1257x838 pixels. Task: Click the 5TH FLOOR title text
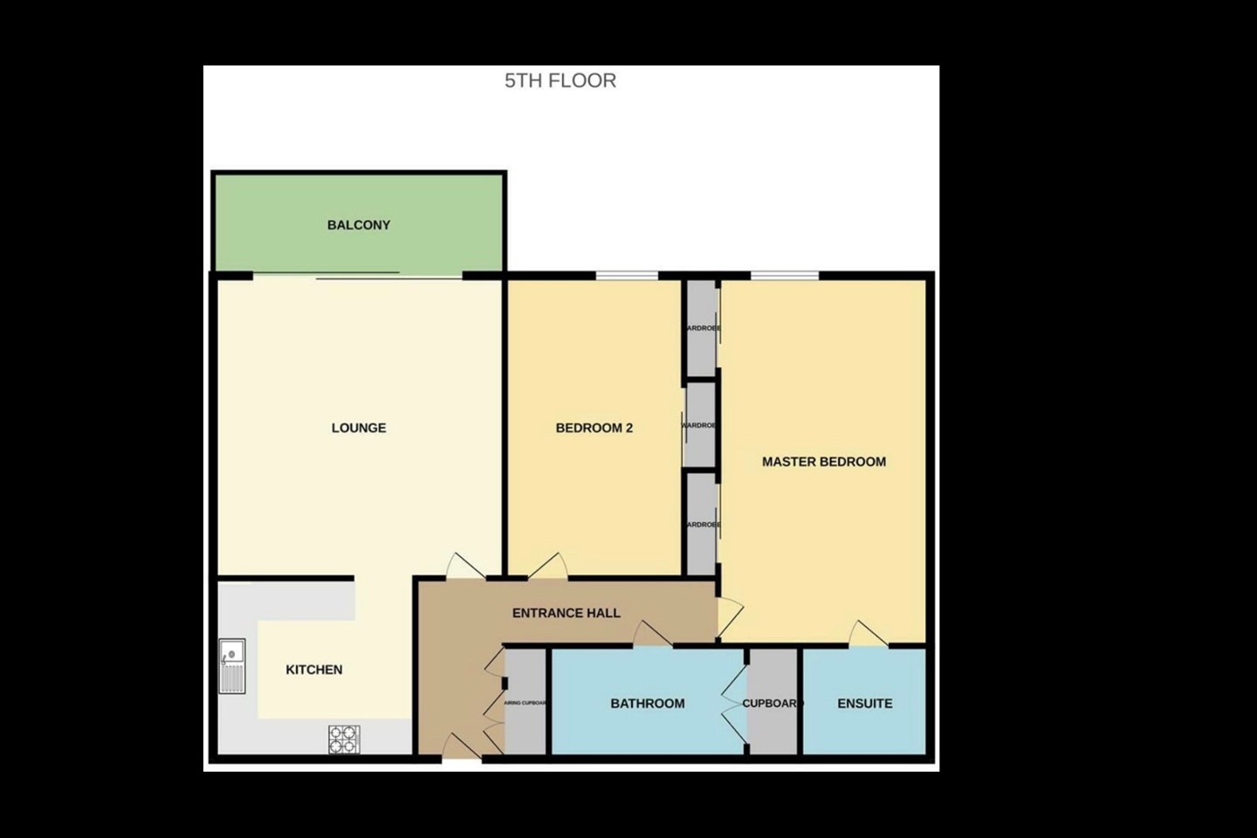coord(560,80)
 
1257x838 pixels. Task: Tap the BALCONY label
coord(359,225)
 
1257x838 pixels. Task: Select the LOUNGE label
coord(359,428)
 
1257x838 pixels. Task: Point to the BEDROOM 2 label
coord(594,428)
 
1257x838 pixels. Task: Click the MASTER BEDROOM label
coord(824,462)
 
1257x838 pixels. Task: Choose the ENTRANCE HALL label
coord(567,613)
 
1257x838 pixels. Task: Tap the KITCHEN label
coord(314,670)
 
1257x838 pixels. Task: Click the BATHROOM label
coord(648,704)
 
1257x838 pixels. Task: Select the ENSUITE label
coord(865,704)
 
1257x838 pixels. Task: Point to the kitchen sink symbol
coord(232,666)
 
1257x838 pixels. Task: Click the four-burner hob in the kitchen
coord(344,739)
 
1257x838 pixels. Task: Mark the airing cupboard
coord(526,702)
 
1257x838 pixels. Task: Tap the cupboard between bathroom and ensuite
coord(773,704)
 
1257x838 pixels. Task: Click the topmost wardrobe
coord(701,327)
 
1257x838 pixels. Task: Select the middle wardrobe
coord(700,424)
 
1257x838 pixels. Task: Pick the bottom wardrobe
coord(702,524)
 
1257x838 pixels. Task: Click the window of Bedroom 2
coord(627,276)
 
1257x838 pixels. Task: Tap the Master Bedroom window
coord(785,276)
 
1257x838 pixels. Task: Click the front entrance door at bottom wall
coord(461,749)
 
